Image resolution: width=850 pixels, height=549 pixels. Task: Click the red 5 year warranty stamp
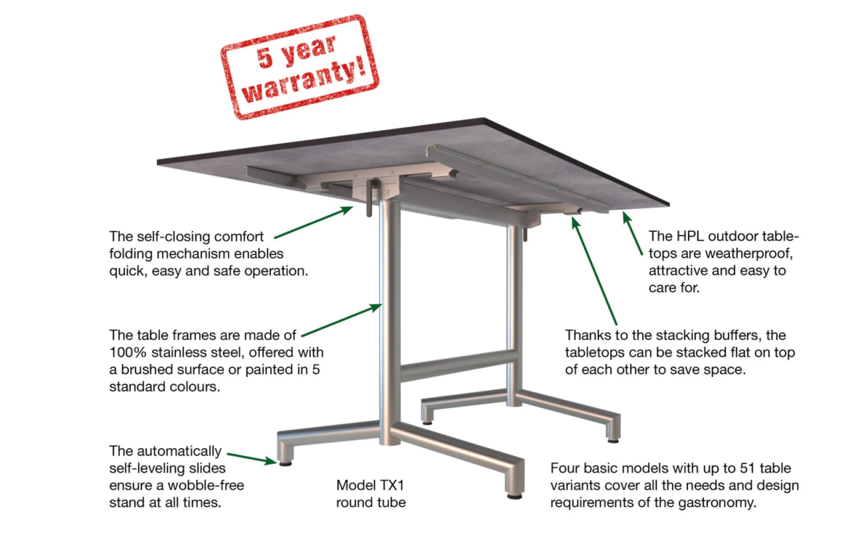[300, 67]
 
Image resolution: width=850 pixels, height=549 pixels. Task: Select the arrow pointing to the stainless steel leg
[342, 320]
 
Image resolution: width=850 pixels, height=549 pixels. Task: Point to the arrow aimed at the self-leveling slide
[252, 458]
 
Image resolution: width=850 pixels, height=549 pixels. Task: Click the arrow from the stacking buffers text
[594, 271]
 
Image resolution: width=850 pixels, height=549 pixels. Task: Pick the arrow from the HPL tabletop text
[633, 233]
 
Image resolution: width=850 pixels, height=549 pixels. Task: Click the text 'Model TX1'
[370, 485]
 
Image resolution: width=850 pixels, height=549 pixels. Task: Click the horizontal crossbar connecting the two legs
[459, 365]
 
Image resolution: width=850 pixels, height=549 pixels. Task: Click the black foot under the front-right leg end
[514, 496]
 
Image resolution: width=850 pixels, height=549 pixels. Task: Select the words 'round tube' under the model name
[371, 503]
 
